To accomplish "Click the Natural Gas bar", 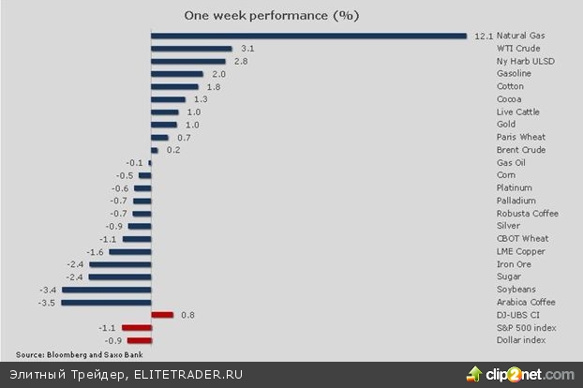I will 308,36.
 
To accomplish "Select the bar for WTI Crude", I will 191,48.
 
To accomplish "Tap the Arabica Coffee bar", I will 106,303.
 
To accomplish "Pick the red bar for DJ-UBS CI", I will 162,315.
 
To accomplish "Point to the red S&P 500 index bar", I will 136,328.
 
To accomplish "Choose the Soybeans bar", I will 107,290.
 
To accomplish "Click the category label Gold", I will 507,125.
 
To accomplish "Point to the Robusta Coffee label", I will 527,214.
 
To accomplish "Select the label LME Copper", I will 520,252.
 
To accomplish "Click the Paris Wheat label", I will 520,138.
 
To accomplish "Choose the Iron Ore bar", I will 120,264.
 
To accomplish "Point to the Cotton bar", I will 174,86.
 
